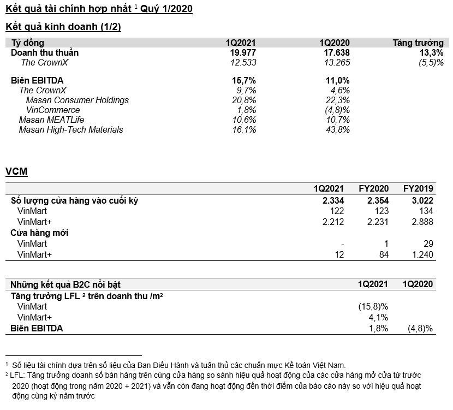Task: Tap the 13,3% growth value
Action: (x=432, y=52)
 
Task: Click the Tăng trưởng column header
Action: (x=418, y=43)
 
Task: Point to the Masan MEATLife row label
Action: (x=51, y=120)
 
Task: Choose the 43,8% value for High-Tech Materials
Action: (x=337, y=129)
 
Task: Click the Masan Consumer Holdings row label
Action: (x=77, y=100)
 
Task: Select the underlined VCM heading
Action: (x=16, y=172)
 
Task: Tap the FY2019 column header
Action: (x=418, y=189)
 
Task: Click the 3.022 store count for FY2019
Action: (x=422, y=200)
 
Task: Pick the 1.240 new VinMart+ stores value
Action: (x=422, y=254)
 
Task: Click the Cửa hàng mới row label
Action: (x=40, y=233)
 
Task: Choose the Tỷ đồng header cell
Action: (x=28, y=43)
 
